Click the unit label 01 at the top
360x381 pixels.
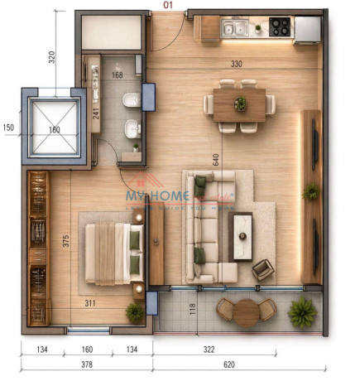168,5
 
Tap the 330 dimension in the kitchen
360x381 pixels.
236,64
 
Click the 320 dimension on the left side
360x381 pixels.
52,57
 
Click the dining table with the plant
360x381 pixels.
240,104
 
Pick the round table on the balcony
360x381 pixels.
247,312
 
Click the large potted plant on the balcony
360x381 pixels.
303,312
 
